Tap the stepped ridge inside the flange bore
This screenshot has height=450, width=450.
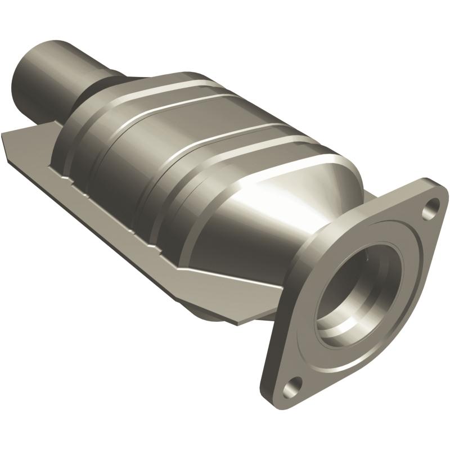point(337,315)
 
